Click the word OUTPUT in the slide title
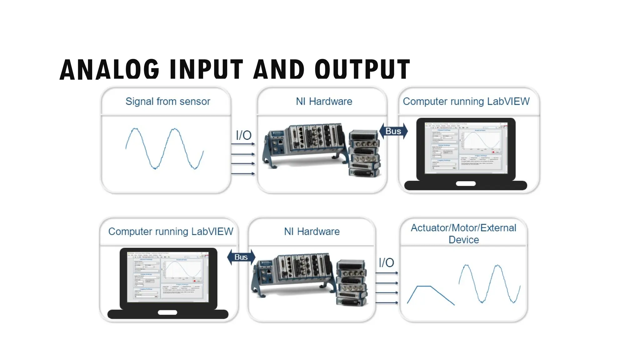(362, 69)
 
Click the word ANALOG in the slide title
(110, 69)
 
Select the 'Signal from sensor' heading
(168, 102)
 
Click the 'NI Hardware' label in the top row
(324, 102)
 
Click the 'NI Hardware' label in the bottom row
(312, 232)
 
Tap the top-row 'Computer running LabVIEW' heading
(466, 102)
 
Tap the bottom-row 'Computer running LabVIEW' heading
(171, 232)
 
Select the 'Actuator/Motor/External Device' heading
(463, 233)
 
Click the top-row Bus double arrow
(393, 131)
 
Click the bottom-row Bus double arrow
(241, 257)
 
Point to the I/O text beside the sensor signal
(243, 135)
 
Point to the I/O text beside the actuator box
(386, 263)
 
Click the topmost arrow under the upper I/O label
(243, 144)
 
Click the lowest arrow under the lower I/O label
(387, 302)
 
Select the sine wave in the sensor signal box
(165, 148)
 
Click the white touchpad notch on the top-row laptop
(466, 184)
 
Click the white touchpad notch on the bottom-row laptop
(167, 312)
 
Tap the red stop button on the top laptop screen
(493, 152)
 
